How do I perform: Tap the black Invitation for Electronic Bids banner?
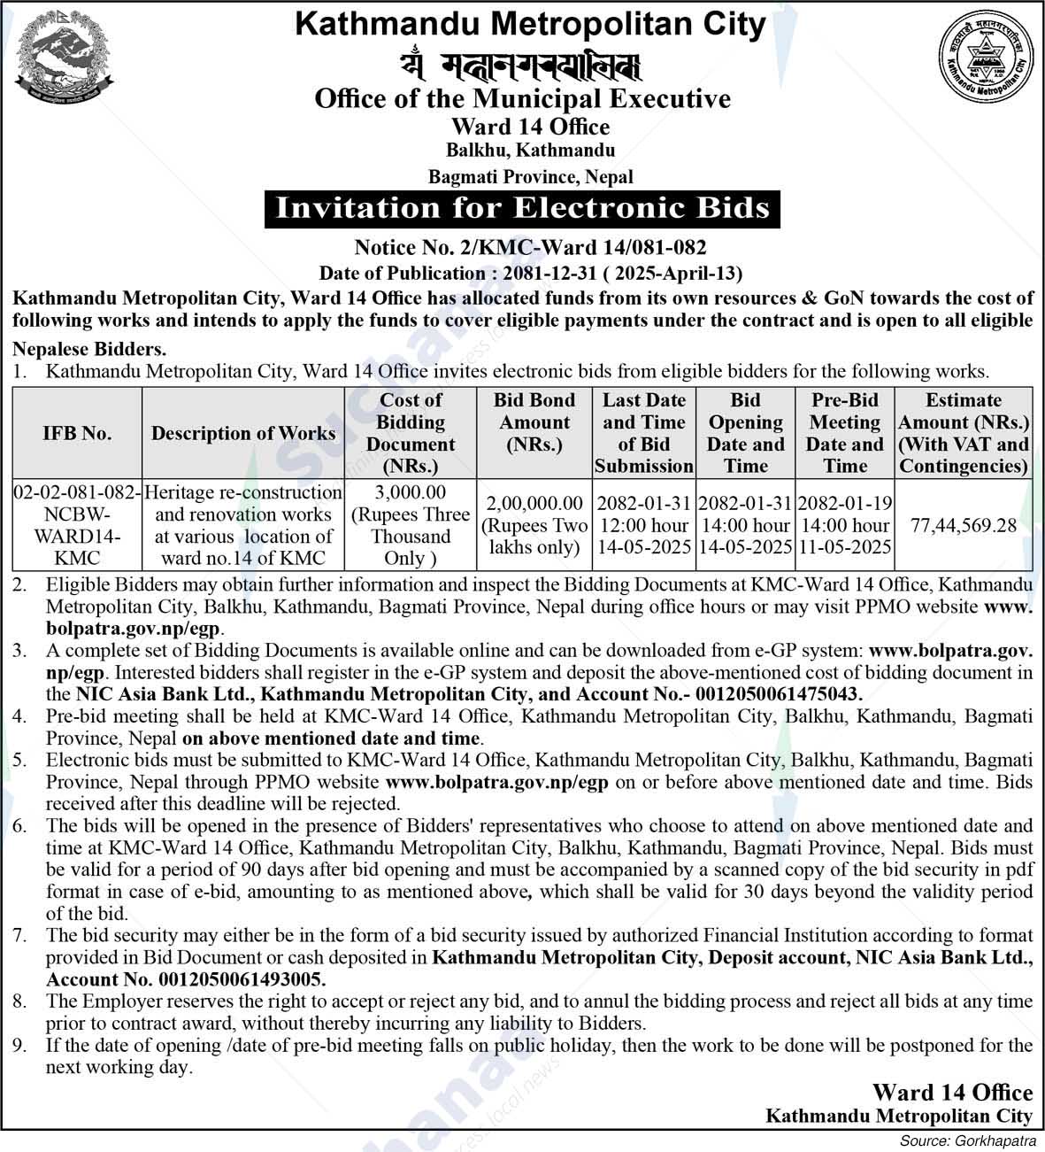522,208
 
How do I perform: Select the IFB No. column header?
77,434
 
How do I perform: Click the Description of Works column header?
243,434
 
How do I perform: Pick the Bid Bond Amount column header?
534,422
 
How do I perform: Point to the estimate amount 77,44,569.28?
964,526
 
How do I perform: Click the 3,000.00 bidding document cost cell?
411,525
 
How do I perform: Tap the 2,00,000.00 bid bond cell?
534,525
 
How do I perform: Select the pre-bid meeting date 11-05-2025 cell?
844,525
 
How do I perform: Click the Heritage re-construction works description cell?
243,525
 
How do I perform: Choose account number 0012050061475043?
778,695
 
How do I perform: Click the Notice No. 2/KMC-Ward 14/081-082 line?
530,247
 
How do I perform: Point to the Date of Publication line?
530,273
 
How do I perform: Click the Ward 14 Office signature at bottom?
952,1093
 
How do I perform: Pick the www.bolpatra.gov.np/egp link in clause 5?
497,782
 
